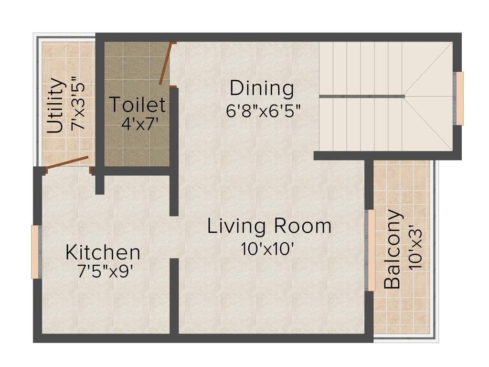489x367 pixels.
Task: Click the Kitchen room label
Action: pyautogui.click(x=103, y=252)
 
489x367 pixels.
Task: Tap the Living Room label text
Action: pyautogui.click(x=269, y=226)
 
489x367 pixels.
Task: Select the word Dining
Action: pyautogui.click(x=261, y=88)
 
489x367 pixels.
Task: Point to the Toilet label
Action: pyautogui.click(x=138, y=104)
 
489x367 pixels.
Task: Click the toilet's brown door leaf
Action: pyautogui.click(x=164, y=64)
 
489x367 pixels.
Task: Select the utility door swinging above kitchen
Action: pyautogui.click(x=67, y=162)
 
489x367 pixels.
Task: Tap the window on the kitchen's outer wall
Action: pyautogui.click(x=35, y=252)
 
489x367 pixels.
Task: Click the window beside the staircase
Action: pyautogui.click(x=459, y=98)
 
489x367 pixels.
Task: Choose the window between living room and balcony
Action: pyautogui.click(x=370, y=250)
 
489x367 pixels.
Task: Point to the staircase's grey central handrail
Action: pyautogui.click(x=361, y=96)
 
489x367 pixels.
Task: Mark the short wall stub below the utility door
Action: pyautogui.click(x=99, y=183)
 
